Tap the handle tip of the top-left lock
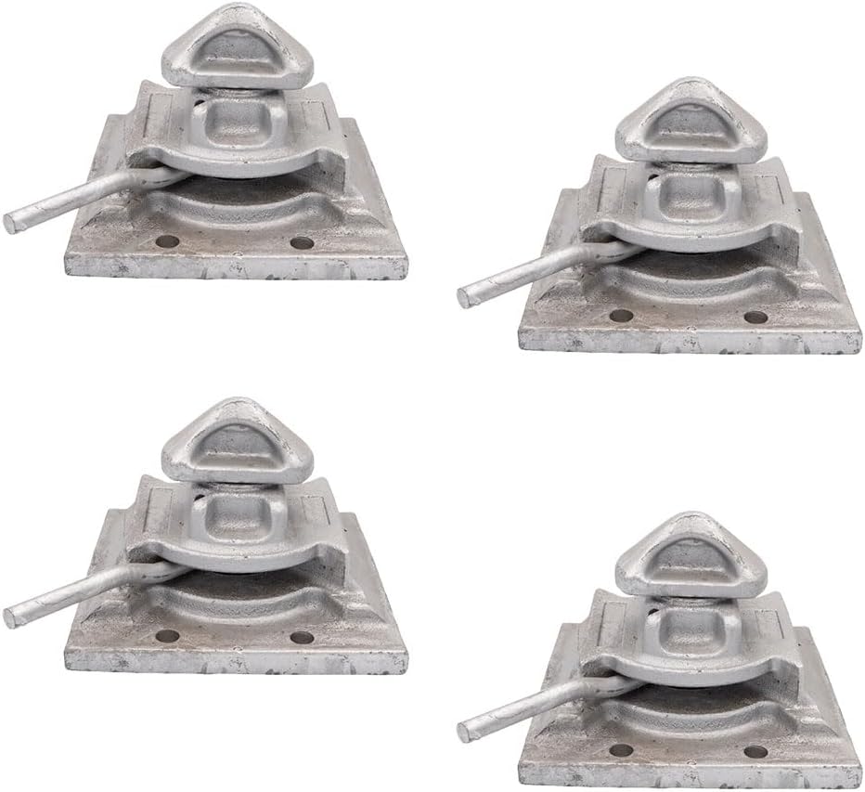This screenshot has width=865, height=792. point(11,222)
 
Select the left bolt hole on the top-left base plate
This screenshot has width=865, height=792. point(167,242)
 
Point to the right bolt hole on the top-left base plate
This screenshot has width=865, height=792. point(300,243)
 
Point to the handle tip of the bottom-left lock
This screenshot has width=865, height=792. point(11,617)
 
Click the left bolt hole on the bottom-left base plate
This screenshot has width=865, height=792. point(167,638)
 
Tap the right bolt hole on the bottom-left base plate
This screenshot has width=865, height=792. point(300,639)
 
